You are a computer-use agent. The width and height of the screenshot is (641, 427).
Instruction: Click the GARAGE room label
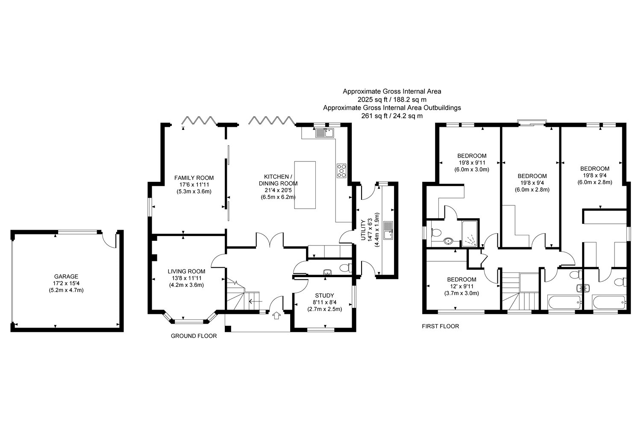pos(66,276)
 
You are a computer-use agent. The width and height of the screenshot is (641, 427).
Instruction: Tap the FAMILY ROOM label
pos(194,178)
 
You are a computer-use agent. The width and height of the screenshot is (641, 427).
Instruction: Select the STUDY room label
pos(324,295)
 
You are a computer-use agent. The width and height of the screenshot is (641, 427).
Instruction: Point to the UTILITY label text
pos(363,230)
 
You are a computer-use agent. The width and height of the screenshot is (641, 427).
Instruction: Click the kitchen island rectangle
pos(305,185)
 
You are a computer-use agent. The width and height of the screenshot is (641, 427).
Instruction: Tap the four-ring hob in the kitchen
pos(341,171)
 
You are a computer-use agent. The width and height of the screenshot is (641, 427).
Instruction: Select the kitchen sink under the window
pos(325,133)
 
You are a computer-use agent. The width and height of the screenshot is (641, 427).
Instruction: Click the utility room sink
pos(388,230)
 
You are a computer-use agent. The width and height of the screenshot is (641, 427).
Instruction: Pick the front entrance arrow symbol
pos(276,316)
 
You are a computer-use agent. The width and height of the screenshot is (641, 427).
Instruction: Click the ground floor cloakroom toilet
pos(345,268)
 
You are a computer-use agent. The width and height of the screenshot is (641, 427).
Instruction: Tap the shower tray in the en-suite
pos(470,234)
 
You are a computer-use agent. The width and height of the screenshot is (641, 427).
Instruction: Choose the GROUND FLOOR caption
pos(194,336)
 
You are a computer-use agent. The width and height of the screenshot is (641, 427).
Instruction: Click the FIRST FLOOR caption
pos(441,326)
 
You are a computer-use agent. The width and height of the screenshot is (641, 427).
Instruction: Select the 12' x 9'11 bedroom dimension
pos(462,286)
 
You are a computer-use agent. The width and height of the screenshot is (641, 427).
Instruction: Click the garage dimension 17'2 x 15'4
pos(66,283)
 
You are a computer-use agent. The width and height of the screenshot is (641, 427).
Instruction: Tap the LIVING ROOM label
pos(186,271)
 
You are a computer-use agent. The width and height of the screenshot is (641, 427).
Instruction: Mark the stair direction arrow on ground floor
pos(256,301)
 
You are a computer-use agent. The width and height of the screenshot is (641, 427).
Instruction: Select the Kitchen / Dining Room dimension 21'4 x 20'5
pos(278,190)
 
